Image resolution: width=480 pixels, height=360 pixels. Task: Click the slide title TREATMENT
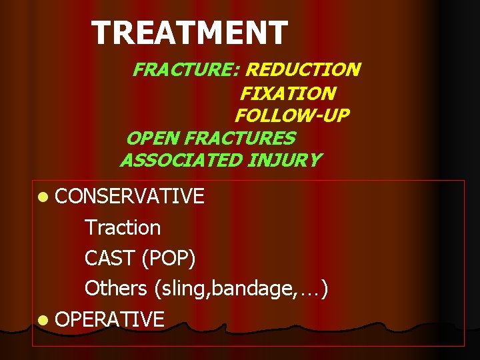point(189,33)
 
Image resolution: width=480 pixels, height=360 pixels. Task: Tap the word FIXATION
point(287,93)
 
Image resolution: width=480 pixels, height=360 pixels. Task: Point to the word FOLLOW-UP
point(291,115)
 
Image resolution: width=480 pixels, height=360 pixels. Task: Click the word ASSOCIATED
point(181,160)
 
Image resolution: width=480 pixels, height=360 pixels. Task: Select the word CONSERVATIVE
point(129,196)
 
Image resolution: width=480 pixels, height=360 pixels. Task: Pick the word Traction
point(123,227)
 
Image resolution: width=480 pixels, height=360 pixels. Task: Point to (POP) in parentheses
point(173,258)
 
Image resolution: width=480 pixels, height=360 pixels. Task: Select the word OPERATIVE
point(109,319)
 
